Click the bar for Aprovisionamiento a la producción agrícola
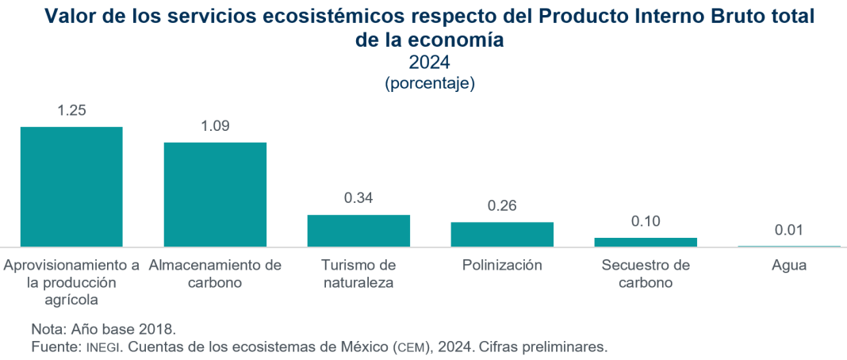tap(71, 186)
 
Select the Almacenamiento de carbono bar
tap(215, 194)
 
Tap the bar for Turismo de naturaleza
tap(358, 231)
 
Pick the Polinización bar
tap(502, 234)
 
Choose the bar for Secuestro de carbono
tap(646, 242)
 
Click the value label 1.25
tap(71, 111)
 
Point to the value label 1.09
tap(215, 126)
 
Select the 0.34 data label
tap(358, 198)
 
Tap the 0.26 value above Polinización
tap(502, 206)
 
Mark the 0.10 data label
tap(646, 221)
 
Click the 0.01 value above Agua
tap(789, 230)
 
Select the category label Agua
tap(789, 266)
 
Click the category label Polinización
tap(502, 266)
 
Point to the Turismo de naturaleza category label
tap(358, 274)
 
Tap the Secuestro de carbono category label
tap(646, 274)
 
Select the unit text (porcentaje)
tap(429, 82)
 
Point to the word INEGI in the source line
tap(104, 347)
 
